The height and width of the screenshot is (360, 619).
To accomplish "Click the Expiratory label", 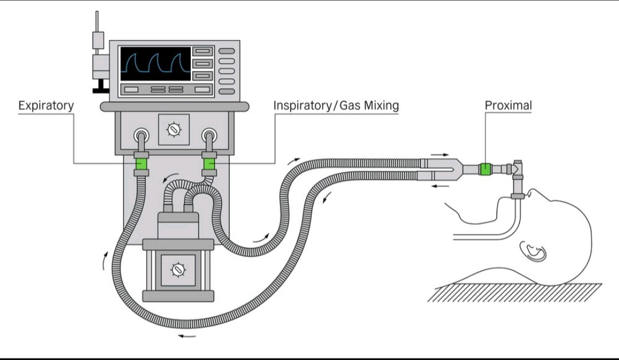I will tap(46, 105).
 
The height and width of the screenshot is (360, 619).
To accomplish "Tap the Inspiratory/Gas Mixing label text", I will tap(336, 105).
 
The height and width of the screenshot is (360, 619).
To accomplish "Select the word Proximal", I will tap(508, 105).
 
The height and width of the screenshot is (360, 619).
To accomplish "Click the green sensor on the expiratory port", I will tap(141, 164).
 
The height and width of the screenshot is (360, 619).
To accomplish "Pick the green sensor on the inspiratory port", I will tap(209, 164).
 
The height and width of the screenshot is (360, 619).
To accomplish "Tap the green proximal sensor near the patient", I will tap(485, 169).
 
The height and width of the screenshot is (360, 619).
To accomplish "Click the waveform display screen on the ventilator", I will tap(155, 64).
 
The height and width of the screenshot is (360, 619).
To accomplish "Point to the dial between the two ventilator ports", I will tap(174, 130).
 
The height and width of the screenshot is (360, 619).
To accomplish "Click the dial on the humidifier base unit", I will tap(178, 268).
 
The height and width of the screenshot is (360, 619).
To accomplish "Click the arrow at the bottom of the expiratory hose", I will tap(186, 335).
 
